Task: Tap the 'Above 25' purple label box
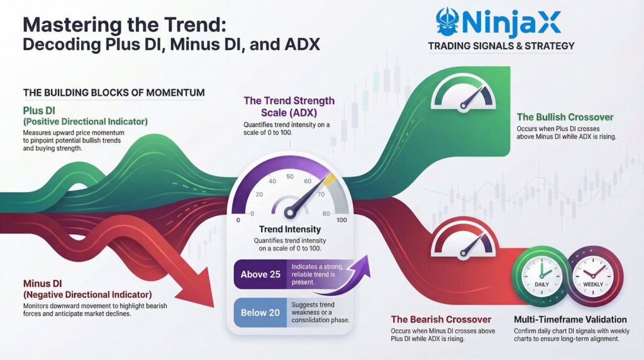(x=258, y=274)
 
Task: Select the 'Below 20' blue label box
(x=258, y=312)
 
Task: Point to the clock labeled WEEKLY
(x=593, y=274)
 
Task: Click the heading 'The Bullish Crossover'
(x=564, y=117)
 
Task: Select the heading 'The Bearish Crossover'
(x=441, y=319)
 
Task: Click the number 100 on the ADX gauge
(x=343, y=220)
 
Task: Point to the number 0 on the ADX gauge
(x=236, y=220)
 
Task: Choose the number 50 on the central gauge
(x=290, y=177)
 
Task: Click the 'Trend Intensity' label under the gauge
(x=290, y=230)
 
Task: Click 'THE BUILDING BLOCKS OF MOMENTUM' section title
(x=113, y=93)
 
